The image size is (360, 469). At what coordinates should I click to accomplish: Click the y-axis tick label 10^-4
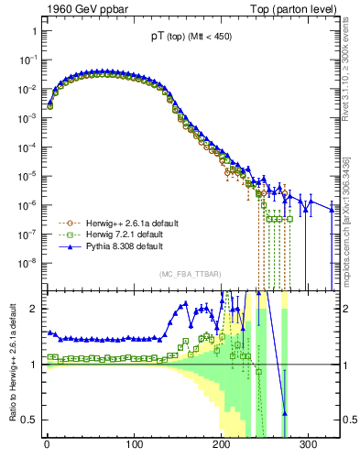point(27,147)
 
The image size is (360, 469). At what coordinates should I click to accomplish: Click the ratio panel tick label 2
point(34,309)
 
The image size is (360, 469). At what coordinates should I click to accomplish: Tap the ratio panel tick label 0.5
point(30,420)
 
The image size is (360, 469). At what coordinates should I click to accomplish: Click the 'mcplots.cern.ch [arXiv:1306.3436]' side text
point(352,211)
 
